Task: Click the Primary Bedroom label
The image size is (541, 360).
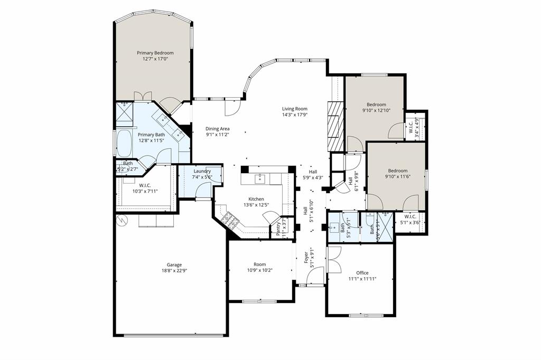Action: coord(155,53)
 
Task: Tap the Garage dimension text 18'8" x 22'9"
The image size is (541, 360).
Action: coord(174,271)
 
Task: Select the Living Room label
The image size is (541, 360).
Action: coord(294,109)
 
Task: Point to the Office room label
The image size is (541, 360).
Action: coord(362,273)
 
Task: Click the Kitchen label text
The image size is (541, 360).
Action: coord(256,198)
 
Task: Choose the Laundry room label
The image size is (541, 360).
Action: coord(202,171)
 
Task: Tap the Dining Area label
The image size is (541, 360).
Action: coord(217,128)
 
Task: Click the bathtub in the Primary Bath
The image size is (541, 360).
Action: coord(125,143)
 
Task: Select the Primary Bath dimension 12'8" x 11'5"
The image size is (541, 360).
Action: coord(152,141)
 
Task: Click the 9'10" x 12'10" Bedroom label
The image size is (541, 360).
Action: coord(377,105)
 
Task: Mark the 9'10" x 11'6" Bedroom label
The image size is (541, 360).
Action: coord(397,170)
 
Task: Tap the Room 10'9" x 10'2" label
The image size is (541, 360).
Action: coord(259,264)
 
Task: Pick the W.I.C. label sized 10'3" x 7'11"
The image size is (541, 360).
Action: coord(145,185)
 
